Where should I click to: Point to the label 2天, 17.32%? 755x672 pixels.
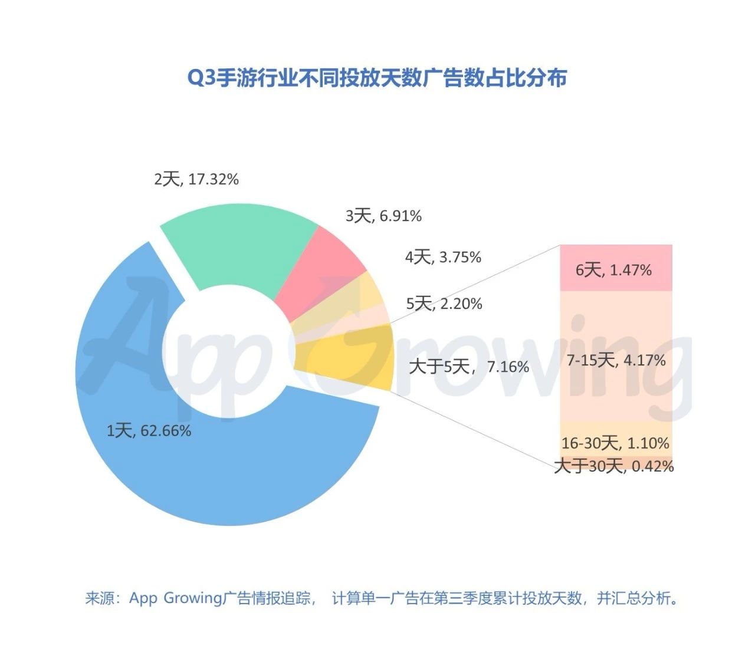click(x=196, y=179)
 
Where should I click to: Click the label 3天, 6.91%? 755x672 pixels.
click(x=383, y=216)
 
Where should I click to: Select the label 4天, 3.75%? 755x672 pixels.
click(x=443, y=257)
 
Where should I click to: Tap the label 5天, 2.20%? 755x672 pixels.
click(x=444, y=304)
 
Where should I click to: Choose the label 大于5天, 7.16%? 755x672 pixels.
click(x=469, y=367)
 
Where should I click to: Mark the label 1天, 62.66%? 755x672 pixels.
click(x=149, y=431)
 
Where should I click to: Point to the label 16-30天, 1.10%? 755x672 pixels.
click(x=615, y=443)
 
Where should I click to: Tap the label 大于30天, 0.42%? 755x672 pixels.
click(x=614, y=467)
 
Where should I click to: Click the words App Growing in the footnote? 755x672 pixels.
click(x=176, y=599)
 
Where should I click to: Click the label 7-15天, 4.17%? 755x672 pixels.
click(x=616, y=360)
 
